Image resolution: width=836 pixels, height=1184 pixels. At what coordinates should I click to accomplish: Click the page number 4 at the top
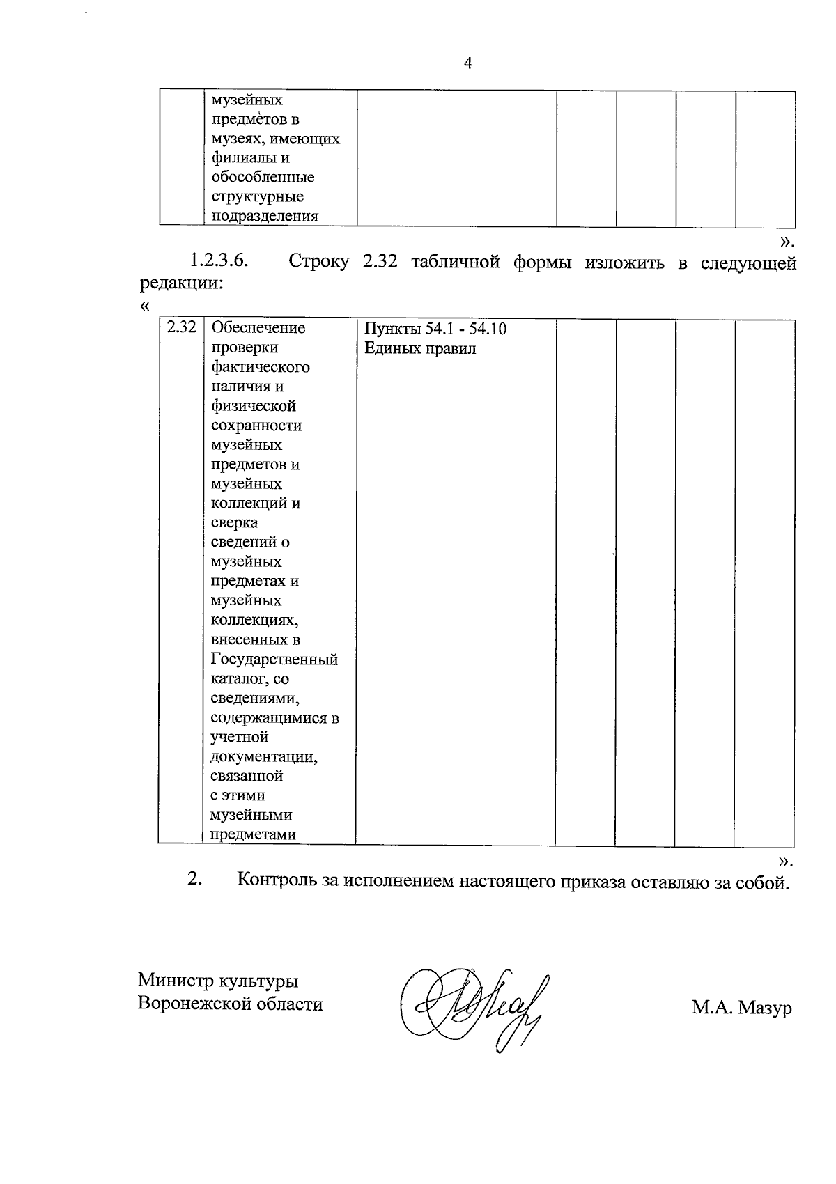point(467,64)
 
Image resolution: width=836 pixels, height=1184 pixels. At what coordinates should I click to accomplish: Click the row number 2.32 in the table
point(181,327)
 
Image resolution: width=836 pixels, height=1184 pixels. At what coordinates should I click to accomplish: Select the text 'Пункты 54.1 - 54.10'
point(435,329)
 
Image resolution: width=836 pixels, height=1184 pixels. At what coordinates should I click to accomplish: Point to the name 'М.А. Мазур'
point(741,1008)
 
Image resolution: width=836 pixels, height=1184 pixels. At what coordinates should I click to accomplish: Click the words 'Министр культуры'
point(218,981)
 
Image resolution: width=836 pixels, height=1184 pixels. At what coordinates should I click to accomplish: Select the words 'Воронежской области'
point(230,1004)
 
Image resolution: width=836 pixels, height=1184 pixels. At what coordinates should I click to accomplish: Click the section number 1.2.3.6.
point(220,263)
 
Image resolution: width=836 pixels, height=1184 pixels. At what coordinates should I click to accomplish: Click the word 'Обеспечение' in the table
point(258,327)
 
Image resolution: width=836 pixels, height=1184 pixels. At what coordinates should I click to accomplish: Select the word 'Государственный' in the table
point(274,659)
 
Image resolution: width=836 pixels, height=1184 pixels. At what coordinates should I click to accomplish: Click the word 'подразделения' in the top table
point(264,216)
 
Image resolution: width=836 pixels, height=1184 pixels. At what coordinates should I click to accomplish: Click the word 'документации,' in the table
point(264,756)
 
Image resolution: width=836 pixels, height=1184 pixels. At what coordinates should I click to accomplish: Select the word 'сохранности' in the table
point(256,425)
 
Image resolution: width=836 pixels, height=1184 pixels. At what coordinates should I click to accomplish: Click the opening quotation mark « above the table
point(145,306)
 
